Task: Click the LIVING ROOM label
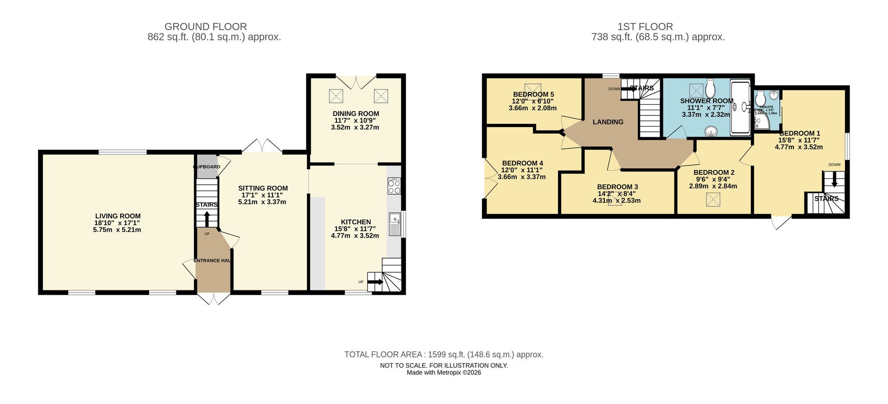118,216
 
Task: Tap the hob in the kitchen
394,186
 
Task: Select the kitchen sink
394,224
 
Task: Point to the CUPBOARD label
207,167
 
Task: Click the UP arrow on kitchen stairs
376,282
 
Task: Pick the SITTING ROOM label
263,188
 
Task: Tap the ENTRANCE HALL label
213,261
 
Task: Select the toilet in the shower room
710,88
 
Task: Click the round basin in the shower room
712,131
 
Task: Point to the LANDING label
608,122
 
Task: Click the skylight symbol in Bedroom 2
713,200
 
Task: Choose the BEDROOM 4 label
523,163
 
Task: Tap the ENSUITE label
766,107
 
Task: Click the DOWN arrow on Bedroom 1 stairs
834,180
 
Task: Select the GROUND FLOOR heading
206,27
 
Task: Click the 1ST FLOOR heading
645,27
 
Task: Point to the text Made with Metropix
444,372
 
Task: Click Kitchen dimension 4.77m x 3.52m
355,236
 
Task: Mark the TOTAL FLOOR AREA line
444,355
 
